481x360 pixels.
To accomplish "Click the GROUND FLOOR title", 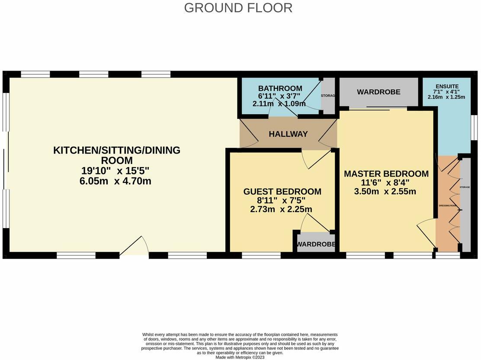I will coord(238,8).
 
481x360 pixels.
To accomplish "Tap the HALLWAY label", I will coord(288,134).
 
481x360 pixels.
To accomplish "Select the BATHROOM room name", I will coord(280,88).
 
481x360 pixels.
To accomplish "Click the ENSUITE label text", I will coord(446,87).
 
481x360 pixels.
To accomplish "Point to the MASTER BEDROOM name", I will coord(386,174).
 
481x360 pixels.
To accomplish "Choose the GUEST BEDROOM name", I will coord(282,192).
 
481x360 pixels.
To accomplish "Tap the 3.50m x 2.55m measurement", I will coord(385,191).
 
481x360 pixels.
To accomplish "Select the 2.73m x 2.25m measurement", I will coord(281,209).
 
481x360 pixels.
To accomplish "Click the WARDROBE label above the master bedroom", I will coord(378,92).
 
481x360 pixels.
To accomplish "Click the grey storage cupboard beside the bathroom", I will coord(329,96).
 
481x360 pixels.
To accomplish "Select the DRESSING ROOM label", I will coord(447,206).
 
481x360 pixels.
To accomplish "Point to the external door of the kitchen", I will coord(134,248).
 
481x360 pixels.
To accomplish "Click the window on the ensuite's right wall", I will coord(474,128).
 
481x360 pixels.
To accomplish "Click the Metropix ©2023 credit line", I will coord(240,357).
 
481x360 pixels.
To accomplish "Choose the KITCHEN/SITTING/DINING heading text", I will coord(116,151).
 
